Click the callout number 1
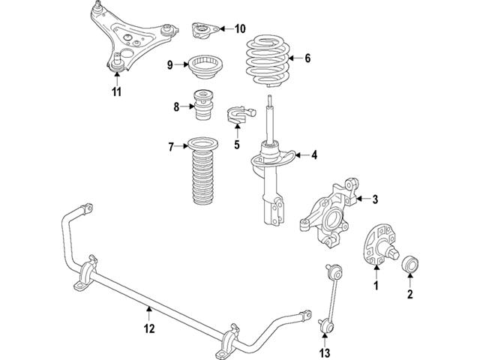377,286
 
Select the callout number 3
376,199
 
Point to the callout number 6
307,58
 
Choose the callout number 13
324,353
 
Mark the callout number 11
116,92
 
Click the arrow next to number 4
296,155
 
